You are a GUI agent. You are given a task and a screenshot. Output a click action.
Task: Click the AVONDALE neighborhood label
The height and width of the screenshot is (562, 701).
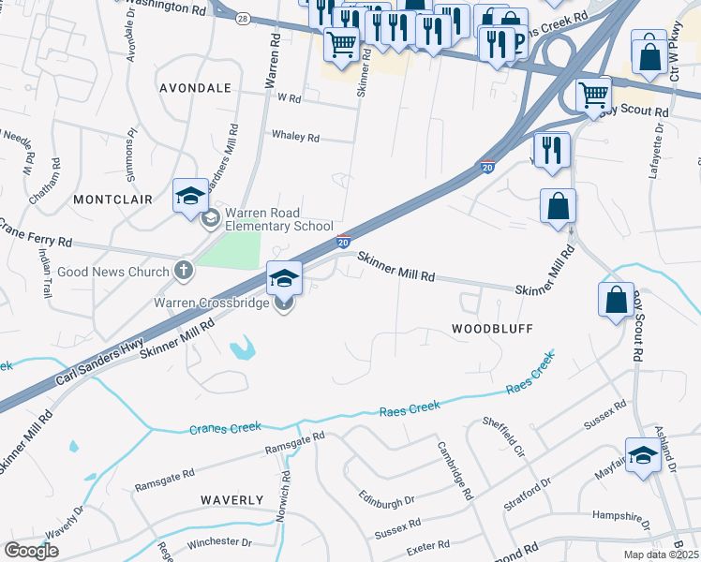195,88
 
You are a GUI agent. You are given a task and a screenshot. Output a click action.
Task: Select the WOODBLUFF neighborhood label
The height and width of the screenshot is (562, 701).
492,330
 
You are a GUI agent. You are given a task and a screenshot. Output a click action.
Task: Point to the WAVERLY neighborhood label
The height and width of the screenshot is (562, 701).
231,500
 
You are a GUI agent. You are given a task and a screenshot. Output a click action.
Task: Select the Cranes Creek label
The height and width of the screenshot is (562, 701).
225,427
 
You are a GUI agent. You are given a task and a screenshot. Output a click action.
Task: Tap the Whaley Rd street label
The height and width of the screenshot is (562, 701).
295,137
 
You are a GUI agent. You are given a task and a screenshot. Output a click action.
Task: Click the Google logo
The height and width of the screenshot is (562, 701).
32,551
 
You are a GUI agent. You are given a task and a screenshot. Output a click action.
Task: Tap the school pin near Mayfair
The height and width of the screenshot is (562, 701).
642,456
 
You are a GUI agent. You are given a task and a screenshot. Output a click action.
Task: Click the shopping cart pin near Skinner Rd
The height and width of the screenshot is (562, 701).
342,42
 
